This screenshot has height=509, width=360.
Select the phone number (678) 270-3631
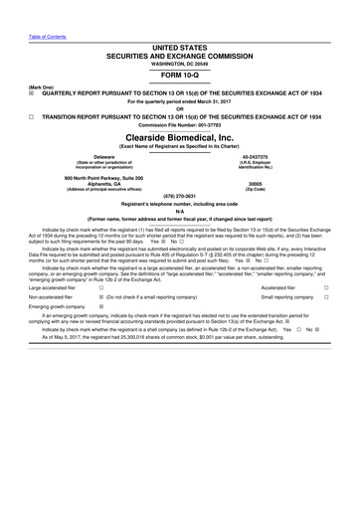pyautogui.click(x=180, y=195)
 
